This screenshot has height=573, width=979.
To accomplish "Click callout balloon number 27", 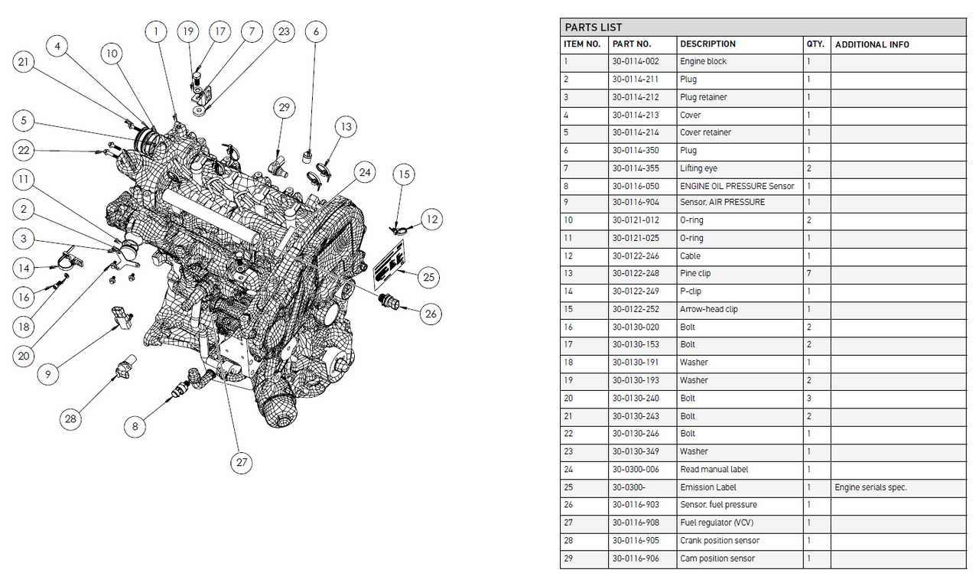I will (x=242, y=462).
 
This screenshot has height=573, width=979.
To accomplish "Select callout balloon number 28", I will (x=71, y=418).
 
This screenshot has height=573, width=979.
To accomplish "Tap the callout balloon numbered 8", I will (x=135, y=426).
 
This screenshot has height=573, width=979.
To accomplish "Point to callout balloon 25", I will (x=428, y=277).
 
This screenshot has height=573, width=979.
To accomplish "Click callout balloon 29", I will (x=285, y=108).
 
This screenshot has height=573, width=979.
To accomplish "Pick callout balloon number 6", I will (x=316, y=31).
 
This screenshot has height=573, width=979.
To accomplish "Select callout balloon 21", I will (x=24, y=63).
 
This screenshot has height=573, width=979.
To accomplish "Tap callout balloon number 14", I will (x=24, y=267).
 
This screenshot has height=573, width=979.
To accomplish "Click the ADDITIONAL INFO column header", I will (x=872, y=44).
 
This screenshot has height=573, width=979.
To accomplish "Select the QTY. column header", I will (x=815, y=44).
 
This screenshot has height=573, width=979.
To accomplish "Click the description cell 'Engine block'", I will (x=703, y=61).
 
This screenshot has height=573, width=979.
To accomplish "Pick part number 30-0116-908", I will (x=636, y=523).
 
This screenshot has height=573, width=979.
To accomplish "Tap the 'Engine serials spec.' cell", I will (x=870, y=487).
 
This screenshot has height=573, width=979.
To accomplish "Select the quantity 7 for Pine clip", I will (x=808, y=273).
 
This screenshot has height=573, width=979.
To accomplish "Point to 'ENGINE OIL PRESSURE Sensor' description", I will (x=737, y=186).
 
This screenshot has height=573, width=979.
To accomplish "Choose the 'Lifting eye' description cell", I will (x=698, y=168).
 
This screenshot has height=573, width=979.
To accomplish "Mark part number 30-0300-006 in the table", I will (x=636, y=469).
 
